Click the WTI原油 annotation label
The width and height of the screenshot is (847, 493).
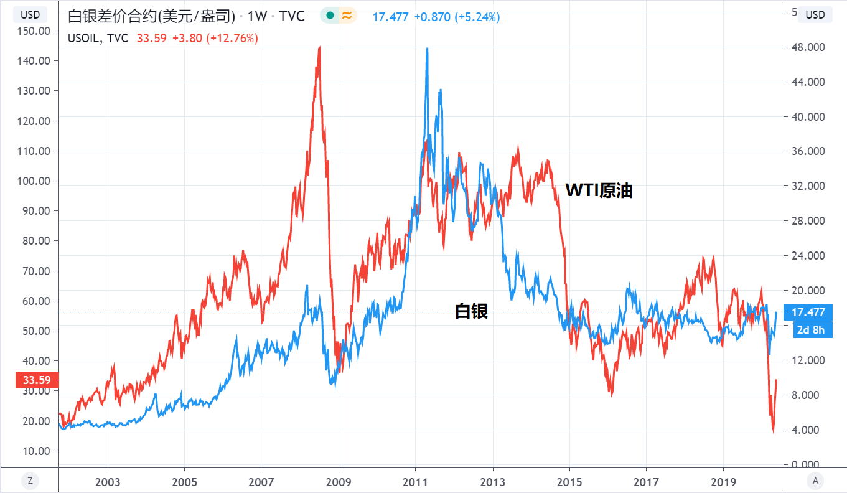[x=599, y=191]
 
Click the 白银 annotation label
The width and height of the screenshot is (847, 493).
[x=471, y=311]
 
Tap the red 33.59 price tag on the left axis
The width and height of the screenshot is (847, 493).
[x=37, y=380]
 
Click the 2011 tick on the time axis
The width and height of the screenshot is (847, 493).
[x=415, y=482]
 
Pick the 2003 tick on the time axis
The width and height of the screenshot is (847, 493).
[x=108, y=482]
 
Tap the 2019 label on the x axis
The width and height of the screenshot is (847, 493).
[x=723, y=482]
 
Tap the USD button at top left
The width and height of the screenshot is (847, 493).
[x=30, y=14]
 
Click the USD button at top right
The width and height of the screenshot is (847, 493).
[x=815, y=14]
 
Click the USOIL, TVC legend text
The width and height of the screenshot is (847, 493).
[x=98, y=39]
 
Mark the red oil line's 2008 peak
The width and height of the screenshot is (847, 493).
[x=319, y=47]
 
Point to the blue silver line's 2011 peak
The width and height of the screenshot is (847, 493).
[x=427, y=49]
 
